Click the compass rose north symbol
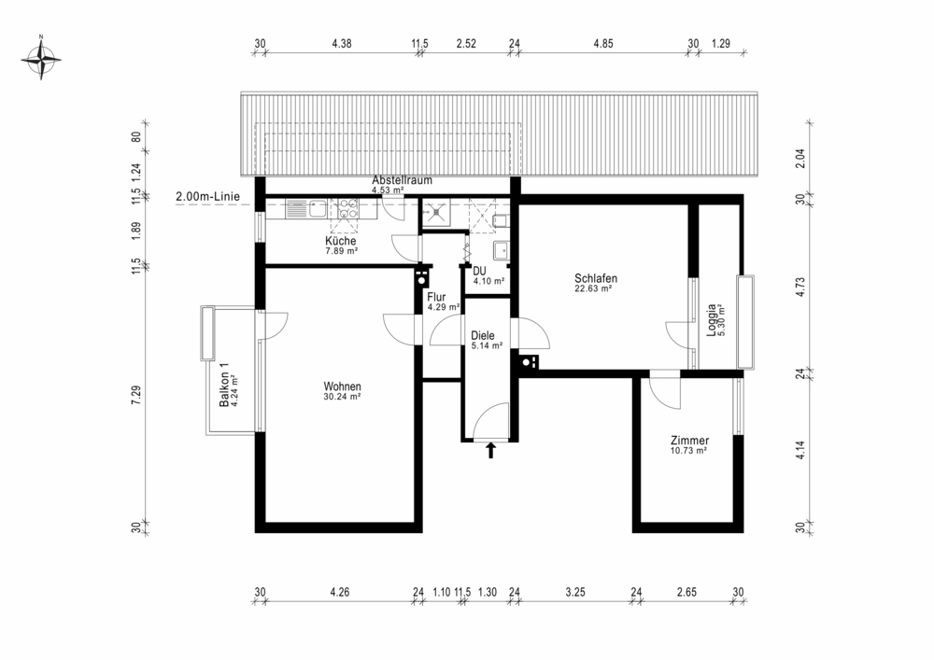[41, 58]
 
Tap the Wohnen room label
[343, 386]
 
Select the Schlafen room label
[596, 278]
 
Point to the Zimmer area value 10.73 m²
[688, 451]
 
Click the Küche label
[341, 241]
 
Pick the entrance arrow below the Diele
[491, 450]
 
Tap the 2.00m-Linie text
[208, 196]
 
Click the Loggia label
[711, 320]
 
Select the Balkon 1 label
[224, 385]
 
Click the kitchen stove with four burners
[347, 209]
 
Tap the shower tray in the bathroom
[438, 213]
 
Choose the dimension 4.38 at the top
[342, 44]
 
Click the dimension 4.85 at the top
[602, 44]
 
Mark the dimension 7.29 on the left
[136, 396]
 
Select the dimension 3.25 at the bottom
[575, 592]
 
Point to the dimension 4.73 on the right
[800, 287]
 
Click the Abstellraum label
[402, 180]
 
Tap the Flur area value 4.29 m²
[444, 308]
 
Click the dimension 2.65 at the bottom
[686, 592]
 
